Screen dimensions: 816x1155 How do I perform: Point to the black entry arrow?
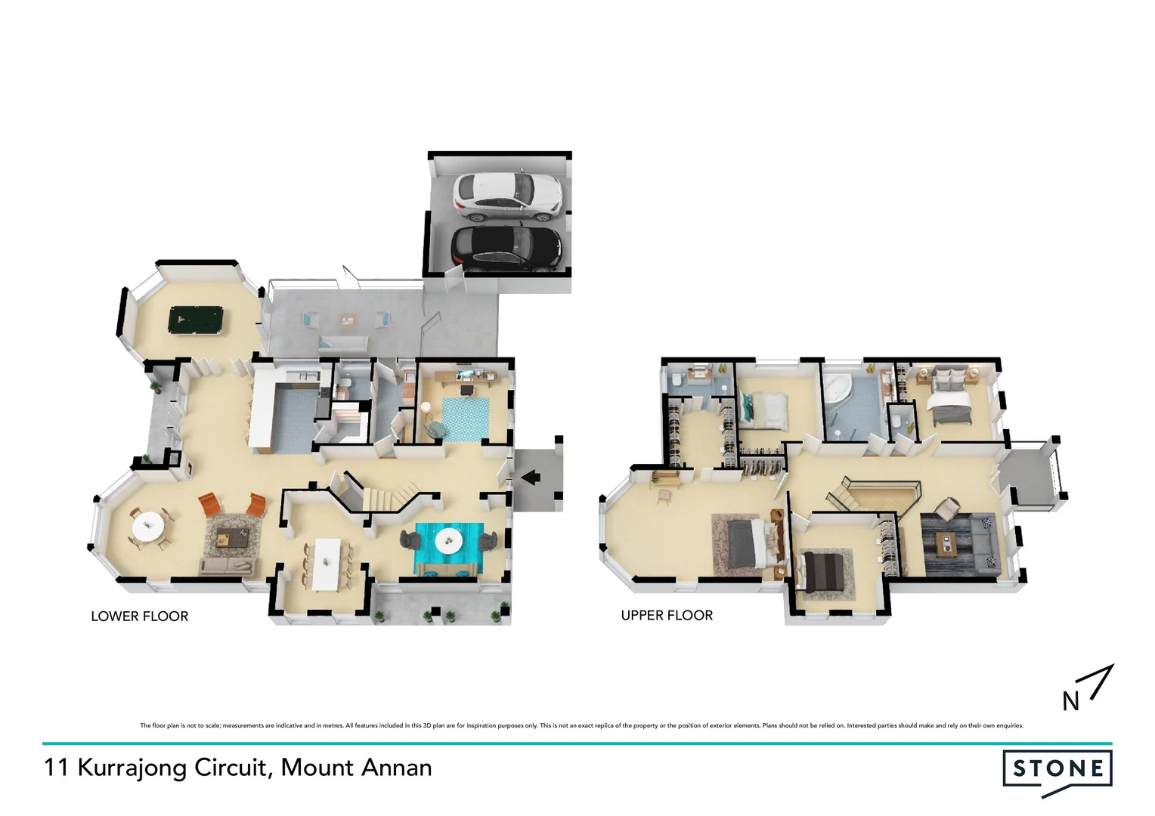(x=531, y=476)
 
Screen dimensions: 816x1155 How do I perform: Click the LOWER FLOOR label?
(x=140, y=617)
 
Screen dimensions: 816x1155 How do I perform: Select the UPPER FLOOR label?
(x=667, y=616)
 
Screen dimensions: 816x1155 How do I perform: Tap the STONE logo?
(x=1057, y=770)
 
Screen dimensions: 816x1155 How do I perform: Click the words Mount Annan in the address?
(x=356, y=768)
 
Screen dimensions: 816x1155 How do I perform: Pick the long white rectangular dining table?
(x=327, y=563)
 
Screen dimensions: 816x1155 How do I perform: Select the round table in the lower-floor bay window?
(x=147, y=524)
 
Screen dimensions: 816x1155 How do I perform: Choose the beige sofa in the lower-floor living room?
(x=226, y=567)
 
